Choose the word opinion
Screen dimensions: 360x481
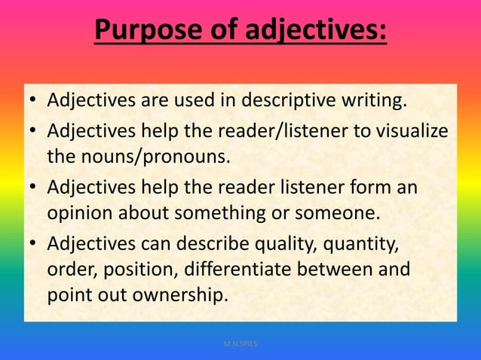[80, 212]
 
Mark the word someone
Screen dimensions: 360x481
[336, 212]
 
